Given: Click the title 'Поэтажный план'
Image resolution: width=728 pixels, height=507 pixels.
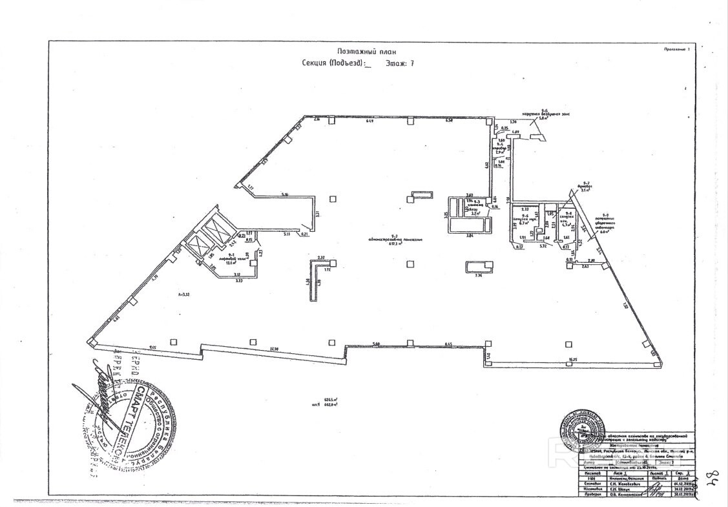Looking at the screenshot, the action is (366, 51).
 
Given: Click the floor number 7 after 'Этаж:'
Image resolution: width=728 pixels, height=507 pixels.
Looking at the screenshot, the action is (411, 63).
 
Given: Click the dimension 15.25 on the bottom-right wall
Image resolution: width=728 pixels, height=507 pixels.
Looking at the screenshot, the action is (572, 358).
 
